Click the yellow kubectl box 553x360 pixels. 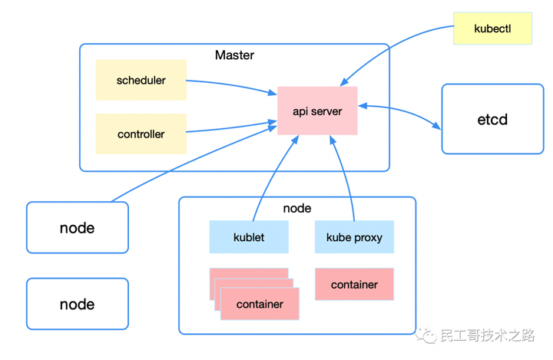tap(492, 28)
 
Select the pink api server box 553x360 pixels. tap(317, 111)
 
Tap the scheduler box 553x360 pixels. tap(141, 80)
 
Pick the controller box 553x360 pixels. tap(141, 134)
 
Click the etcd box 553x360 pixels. tap(492, 120)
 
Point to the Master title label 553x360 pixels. tap(234, 55)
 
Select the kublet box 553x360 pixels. tap(249, 237)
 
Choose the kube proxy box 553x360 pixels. tap(354, 237)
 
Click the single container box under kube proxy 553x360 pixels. tap(354, 285)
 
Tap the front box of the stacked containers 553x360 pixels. tap(260, 305)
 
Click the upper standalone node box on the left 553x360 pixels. tap(78, 228)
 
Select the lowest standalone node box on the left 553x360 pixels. tap(78, 304)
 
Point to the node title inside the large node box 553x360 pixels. tap(297, 208)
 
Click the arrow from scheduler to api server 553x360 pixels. tap(230, 85)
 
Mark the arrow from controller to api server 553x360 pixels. tap(230, 127)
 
